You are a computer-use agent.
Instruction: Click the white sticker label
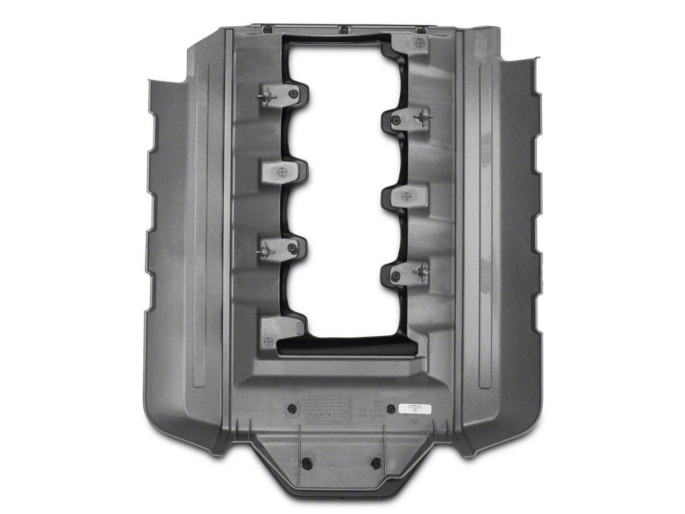click(415, 408)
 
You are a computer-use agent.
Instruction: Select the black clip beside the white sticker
click(391, 408)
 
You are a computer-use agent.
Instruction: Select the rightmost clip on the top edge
click(421, 29)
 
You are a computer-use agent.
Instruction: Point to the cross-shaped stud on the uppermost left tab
click(266, 95)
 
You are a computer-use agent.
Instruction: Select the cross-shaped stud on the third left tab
click(266, 248)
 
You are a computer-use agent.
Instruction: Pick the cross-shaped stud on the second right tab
click(423, 117)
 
